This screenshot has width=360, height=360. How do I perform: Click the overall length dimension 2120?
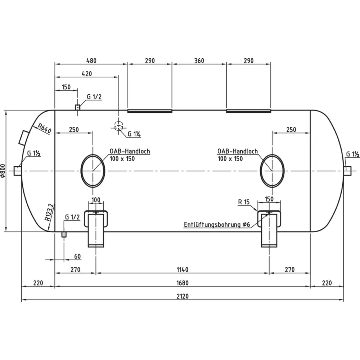[x=183, y=296]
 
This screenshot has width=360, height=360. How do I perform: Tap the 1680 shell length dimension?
[x=183, y=283]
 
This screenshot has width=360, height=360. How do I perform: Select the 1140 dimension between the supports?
[x=183, y=270]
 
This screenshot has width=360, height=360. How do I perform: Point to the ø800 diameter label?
[x=3, y=171]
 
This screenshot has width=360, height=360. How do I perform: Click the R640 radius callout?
[x=45, y=129]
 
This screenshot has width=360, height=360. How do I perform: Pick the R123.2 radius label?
[x=50, y=212]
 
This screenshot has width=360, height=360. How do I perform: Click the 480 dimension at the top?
[x=91, y=60]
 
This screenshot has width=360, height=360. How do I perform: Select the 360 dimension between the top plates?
[x=199, y=60]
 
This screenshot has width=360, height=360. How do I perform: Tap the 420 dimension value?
[x=87, y=74]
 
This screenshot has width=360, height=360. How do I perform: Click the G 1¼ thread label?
[x=134, y=134]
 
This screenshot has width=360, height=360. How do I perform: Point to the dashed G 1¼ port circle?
[x=119, y=126]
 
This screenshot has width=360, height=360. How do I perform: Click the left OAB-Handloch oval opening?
[x=93, y=171]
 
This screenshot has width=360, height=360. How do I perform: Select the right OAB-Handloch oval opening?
[x=272, y=171]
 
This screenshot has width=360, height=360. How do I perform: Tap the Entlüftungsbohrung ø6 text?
[x=217, y=224]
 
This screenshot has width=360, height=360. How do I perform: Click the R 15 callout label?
[x=244, y=202]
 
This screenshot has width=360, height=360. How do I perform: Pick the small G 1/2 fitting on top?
[x=78, y=107]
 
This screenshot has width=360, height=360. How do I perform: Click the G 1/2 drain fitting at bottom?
[x=64, y=234]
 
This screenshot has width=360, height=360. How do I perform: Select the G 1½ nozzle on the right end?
[x=348, y=171]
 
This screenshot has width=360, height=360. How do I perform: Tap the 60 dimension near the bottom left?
[x=78, y=256]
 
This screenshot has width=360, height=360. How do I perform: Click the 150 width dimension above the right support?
[x=269, y=199]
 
